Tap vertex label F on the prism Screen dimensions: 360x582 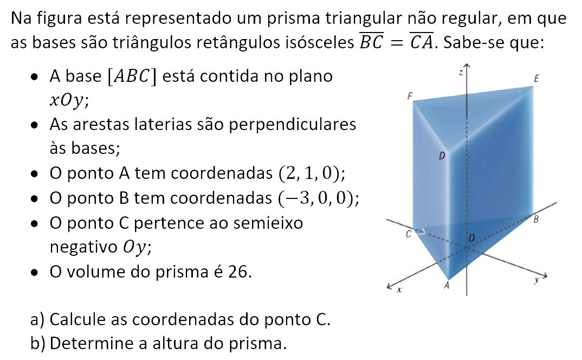[410, 97]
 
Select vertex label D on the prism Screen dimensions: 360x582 [442, 156]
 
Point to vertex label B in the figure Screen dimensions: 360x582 [536, 220]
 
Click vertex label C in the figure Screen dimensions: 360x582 [410, 235]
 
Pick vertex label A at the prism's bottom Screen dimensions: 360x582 [447, 286]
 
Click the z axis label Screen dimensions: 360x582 [460, 72]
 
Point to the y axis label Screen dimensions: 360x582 [536, 281]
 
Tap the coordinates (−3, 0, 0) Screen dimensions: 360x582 [318, 198]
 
